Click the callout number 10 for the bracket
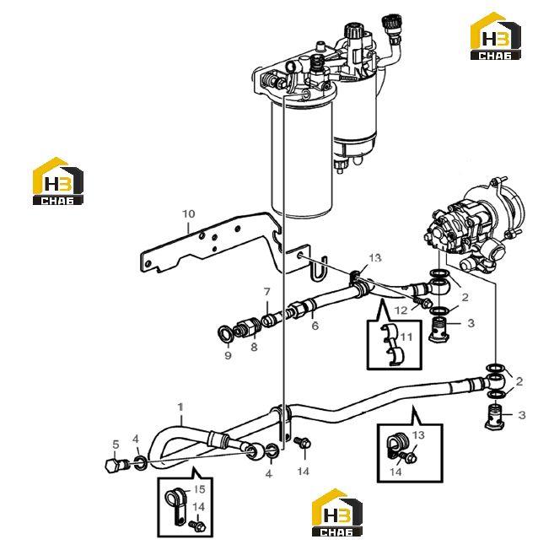click(x=188, y=213)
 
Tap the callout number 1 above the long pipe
click(x=180, y=407)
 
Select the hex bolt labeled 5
click(x=116, y=466)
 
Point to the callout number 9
click(x=228, y=355)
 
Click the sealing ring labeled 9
click(x=224, y=333)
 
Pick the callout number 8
click(x=254, y=347)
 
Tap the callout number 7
click(x=267, y=292)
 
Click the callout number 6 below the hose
click(x=315, y=326)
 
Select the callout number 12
click(x=401, y=310)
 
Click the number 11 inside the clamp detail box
click(x=406, y=337)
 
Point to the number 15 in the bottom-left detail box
click(x=199, y=489)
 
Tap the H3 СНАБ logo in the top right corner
click(x=495, y=36)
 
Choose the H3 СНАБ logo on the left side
click(x=58, y=181)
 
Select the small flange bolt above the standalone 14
click(x=303, y=442)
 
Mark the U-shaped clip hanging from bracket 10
click(x=319, y=269)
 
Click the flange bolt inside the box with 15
click(x=197, y=525)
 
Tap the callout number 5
click(x=116, y=445)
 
